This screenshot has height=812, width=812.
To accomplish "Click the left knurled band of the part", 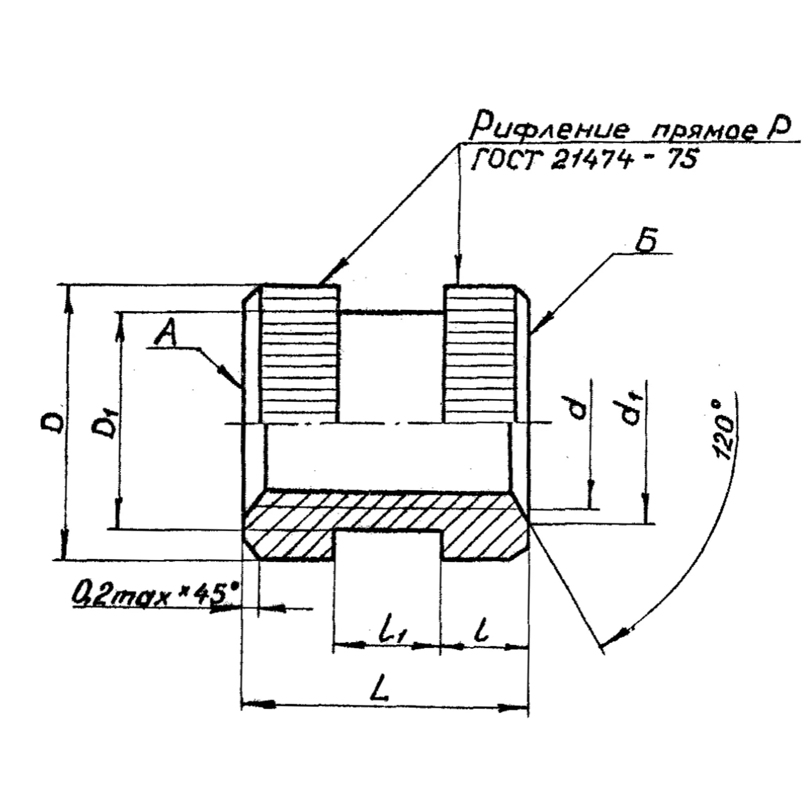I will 299,354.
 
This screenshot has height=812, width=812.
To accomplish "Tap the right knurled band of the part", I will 480,354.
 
